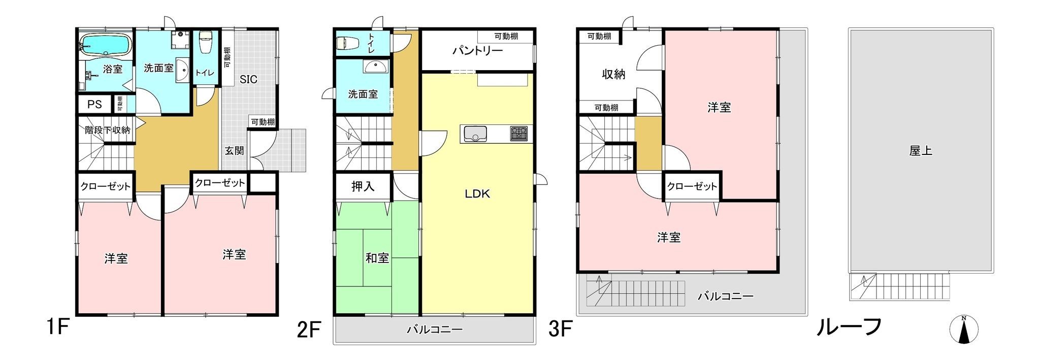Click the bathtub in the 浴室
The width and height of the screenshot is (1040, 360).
[106, 45]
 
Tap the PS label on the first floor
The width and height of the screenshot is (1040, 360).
[94, 105]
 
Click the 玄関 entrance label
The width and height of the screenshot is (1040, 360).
[235, 151]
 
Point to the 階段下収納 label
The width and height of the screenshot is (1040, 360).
[107, 130]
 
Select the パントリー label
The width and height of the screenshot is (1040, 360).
[477, 51]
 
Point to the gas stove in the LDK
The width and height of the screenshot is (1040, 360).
[519, 134]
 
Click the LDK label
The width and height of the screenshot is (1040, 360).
[477, 193]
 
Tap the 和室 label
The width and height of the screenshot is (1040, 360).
[377, 258]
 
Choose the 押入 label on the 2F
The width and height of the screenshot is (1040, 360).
[363, 186]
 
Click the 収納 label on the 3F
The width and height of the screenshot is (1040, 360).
[613, 74]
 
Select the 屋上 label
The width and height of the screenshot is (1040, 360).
[921, 151]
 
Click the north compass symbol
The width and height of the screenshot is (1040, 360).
[963, 329]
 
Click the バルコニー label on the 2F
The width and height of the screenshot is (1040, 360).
[435, 330]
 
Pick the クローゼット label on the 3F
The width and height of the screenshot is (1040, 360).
[692, 186]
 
